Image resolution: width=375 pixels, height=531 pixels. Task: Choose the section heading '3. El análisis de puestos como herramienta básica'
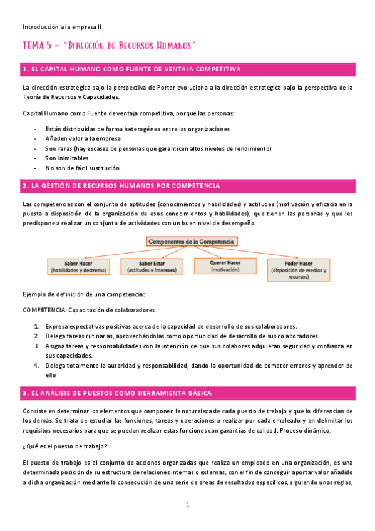(x=116, y=393)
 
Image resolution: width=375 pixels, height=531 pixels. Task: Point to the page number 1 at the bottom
(x=188, y=505)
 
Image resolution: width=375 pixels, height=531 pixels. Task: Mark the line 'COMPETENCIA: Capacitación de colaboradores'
(x=88, y=310)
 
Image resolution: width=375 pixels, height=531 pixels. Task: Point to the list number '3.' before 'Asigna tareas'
(x=37, y=346)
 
